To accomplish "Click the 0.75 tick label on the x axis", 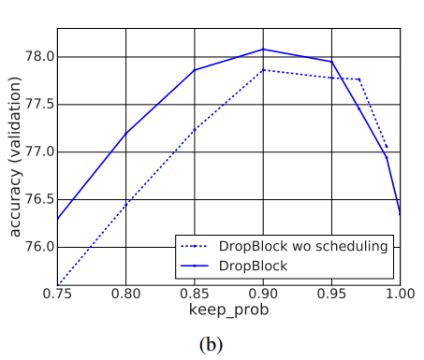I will pos(57,294).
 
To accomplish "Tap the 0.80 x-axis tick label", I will pos(125,294).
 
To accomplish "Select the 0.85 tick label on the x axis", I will pos(195,294).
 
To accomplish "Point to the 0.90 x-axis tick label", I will pos(263,294).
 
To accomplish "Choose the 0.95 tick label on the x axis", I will pos(331,294).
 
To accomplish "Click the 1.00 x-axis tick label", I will pos(400,294).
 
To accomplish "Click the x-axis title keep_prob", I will pos(228,310).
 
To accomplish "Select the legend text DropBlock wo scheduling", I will pos(303,247).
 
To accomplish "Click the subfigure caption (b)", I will pos(211,344).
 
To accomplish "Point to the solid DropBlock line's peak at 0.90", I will pos(263,49).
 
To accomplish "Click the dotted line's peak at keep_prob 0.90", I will pos(263,70).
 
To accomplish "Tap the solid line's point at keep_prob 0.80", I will pos(125,133).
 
